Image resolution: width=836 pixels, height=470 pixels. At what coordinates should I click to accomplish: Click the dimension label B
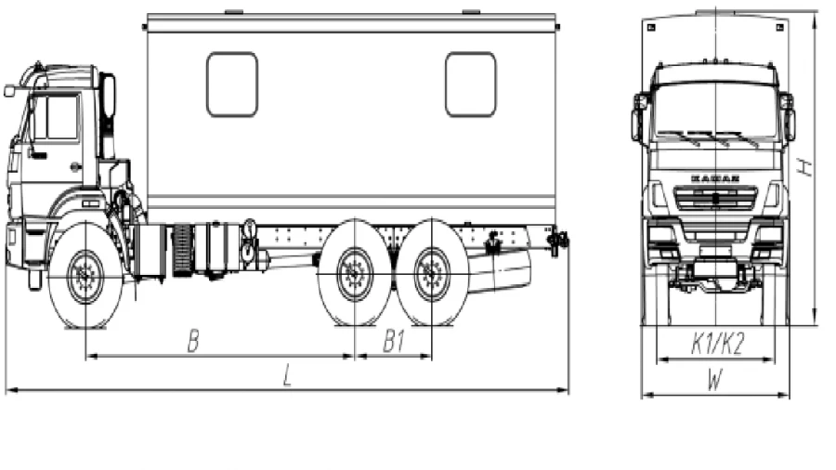[193, 342]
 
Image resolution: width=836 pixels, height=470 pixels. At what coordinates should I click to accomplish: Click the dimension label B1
[394, 342]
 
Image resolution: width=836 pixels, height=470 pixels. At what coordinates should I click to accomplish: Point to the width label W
[714, 380]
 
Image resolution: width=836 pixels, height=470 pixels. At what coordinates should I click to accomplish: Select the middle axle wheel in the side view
[355, 274]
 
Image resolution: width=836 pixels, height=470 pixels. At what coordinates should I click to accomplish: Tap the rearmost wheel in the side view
[431, 274]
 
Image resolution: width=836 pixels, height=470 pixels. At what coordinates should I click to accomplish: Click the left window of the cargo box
[231, 85]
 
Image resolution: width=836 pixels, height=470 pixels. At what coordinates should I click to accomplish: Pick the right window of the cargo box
[470, 85]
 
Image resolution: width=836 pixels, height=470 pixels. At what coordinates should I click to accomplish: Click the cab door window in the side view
[55, 117]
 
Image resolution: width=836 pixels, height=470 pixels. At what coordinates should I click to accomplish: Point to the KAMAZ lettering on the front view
[714, 176]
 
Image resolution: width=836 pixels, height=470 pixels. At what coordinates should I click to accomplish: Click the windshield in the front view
[714, 111]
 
